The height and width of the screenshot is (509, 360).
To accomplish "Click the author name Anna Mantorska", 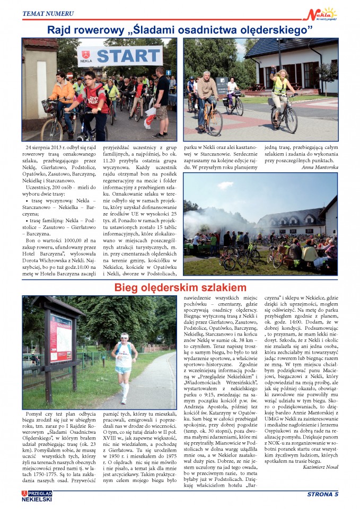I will [319, 167].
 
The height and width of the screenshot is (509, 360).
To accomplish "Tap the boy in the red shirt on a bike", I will [96, 103].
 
